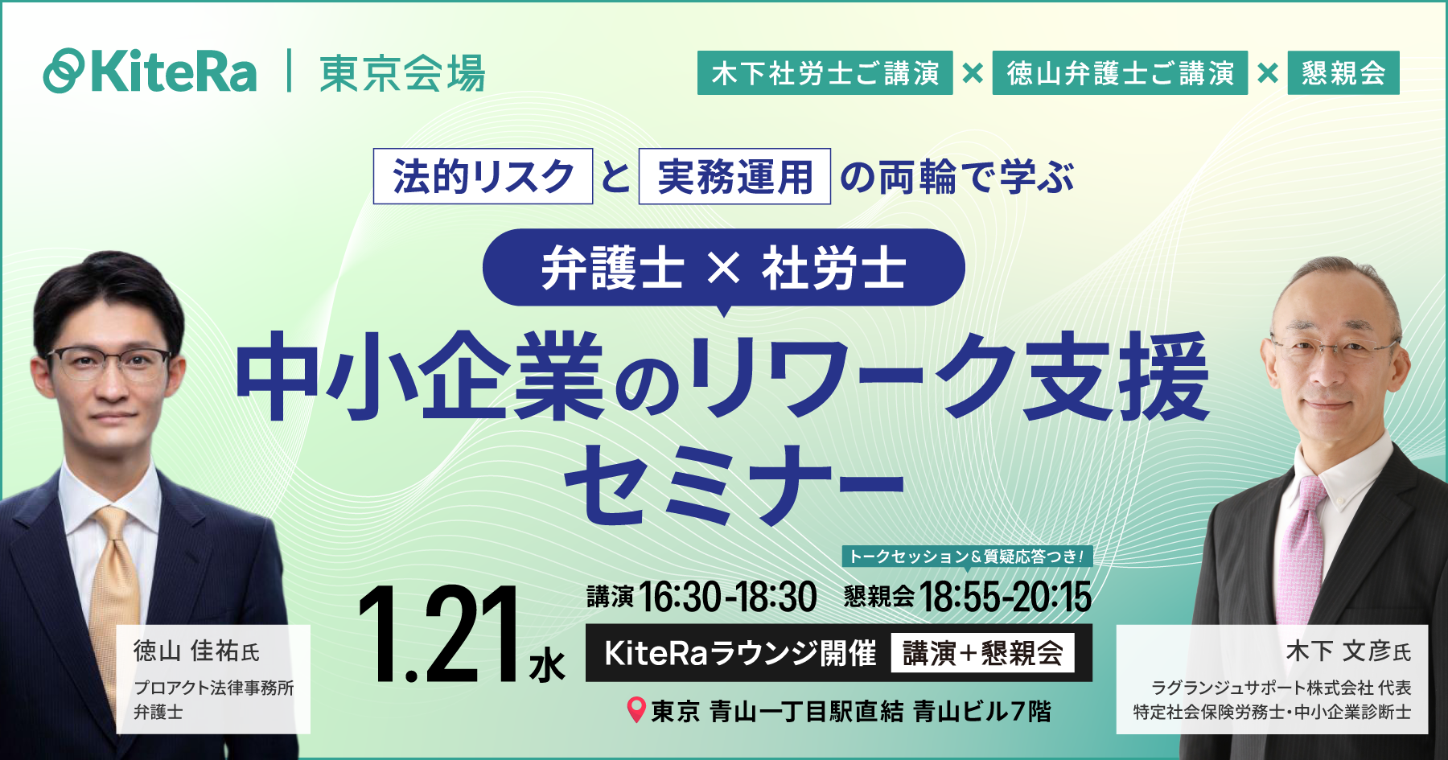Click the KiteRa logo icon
(x=64, y=72)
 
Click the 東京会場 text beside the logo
(x=402, y=73)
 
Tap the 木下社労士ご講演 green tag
(x=825, y=73)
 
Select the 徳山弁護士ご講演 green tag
(x=1120, y=73)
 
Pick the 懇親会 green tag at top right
(x=1343, y=73)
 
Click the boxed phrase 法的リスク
(x=483, y=176)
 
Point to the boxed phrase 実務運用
(x=734, y=176)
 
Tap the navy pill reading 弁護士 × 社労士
(x=723, y=268)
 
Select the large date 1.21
(x=438, y=635)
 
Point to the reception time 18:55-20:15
(x=1005, y=598)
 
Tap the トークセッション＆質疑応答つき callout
(x=966, y=557)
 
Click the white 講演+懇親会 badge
(x=982, y=653)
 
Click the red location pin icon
(x=636, y=709)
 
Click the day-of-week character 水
(x=547, y=667)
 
